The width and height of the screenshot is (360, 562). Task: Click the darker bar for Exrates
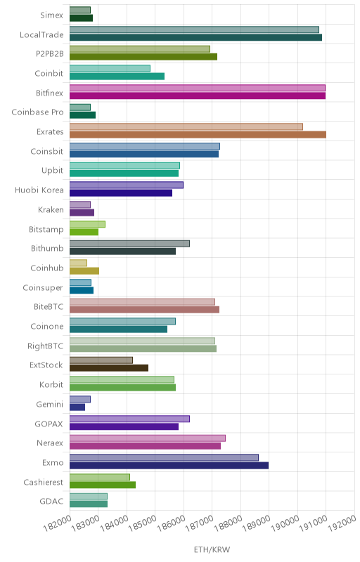pyautogui.click(x=198, y=135)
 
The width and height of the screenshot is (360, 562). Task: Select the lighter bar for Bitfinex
pyautogui.click(x=198, y=89)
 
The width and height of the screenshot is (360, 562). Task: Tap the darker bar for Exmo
pyautogui.click(x=169, y=466)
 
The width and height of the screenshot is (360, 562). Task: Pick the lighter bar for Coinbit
pyautogui.click(x=110, y=68)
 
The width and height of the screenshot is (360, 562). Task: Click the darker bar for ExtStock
pyautogui.click(x=109, y=368)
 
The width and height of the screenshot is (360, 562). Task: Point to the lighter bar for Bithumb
pyautogui.click(x=130, y=244)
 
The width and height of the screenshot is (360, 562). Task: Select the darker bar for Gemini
pyautogui.click(x=77, y=407)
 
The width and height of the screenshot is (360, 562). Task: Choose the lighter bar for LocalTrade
pyautogui.click(x=194, y=30)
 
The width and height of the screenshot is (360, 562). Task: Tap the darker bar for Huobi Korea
pyautogui.click(x=121, y=192)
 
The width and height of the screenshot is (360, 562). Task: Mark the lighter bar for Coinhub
pyautogui.click(x=78, y=263)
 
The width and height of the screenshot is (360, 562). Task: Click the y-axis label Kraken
pyautogui.click(x=51, y=209)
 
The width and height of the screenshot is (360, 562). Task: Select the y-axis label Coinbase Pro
pyautogui.click(x=38, y=112)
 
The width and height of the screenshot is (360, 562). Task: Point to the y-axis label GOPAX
pyautogui.click(x=49, y=424)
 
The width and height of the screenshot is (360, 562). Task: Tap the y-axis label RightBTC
pyautogui.click(x=46, y=346)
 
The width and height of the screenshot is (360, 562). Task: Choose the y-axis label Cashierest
pyautogui.click(x=44, y=483)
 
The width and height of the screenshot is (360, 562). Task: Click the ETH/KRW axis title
pyautogui.click(x=212, y=549)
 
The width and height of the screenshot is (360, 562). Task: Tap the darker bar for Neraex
pyautogui.click(x=146, y=446)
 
